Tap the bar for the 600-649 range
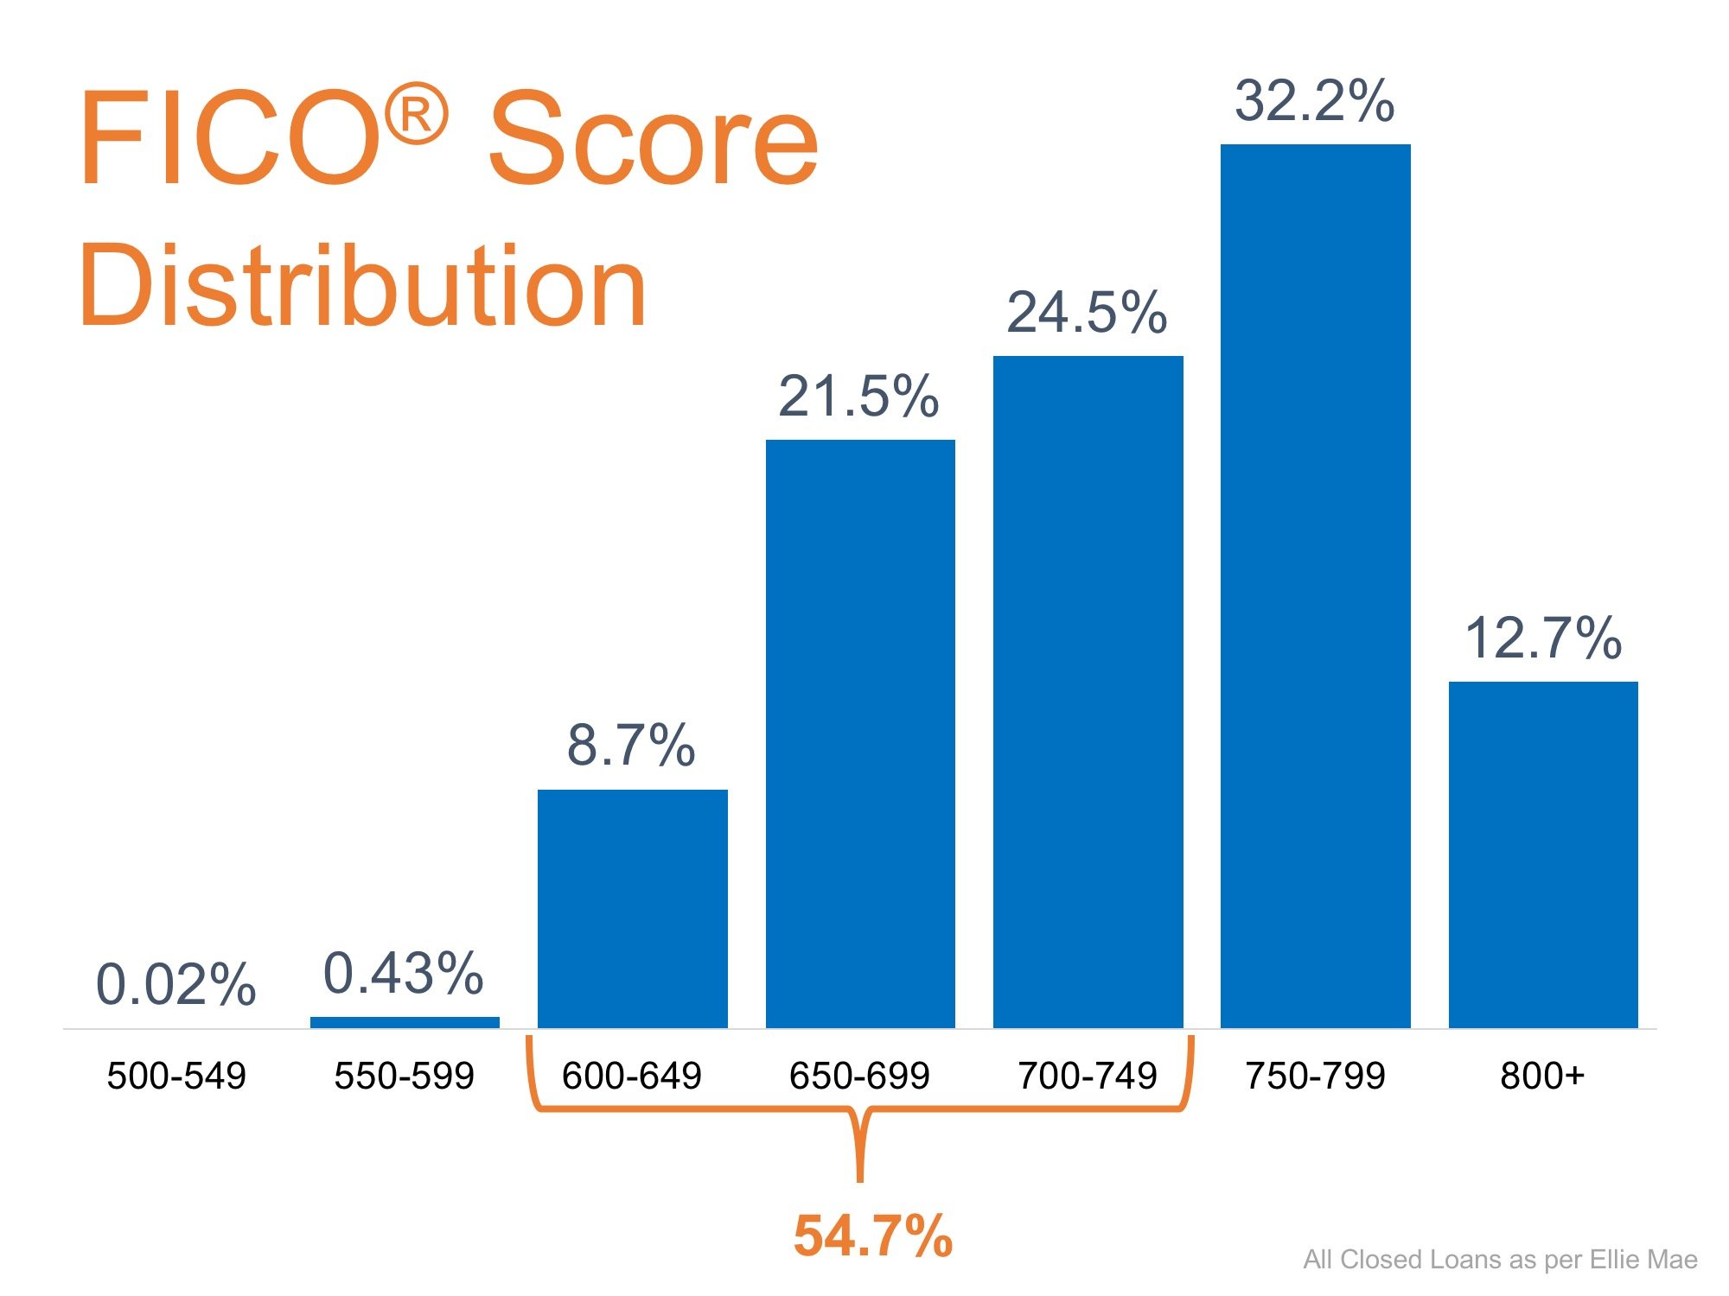coord(632,908)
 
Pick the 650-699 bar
coord(860,734)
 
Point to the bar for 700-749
coord(1088,691)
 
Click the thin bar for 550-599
coord(405,1022)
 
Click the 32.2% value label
coord(1314,101)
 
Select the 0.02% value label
coord(175,984)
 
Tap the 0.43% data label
coord(403,973)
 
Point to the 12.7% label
coord(1543,638)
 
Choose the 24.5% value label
coord(1087,312)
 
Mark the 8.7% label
coord(631,745)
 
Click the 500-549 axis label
coord(176,1076)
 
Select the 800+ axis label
coord(1542,1076)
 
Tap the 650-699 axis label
coord(859,1076)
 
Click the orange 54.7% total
coord(873,1236)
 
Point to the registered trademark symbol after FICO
coord(416,114)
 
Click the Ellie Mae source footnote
coord(1500,1260)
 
